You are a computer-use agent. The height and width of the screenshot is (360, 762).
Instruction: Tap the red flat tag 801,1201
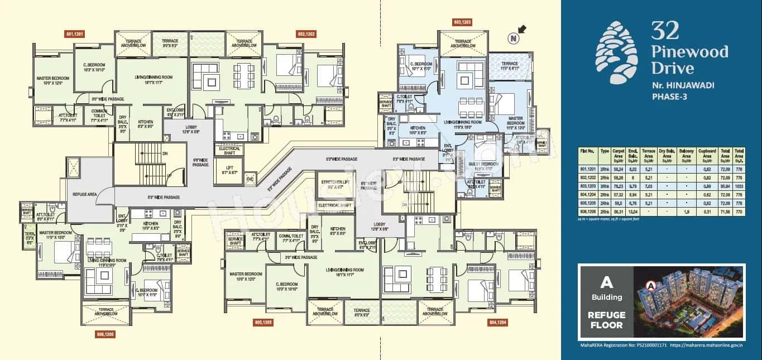coord(75,34)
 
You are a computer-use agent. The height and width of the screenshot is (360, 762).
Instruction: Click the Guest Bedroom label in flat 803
coord(482,165)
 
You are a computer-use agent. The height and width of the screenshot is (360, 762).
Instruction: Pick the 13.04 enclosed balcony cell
coord(632,212)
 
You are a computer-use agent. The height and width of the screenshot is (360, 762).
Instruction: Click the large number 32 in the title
coord(665,31)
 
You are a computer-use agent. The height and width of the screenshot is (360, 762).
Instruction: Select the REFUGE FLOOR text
coord(606,320)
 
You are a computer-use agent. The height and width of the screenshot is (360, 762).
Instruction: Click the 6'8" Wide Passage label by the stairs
coord(200,162)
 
